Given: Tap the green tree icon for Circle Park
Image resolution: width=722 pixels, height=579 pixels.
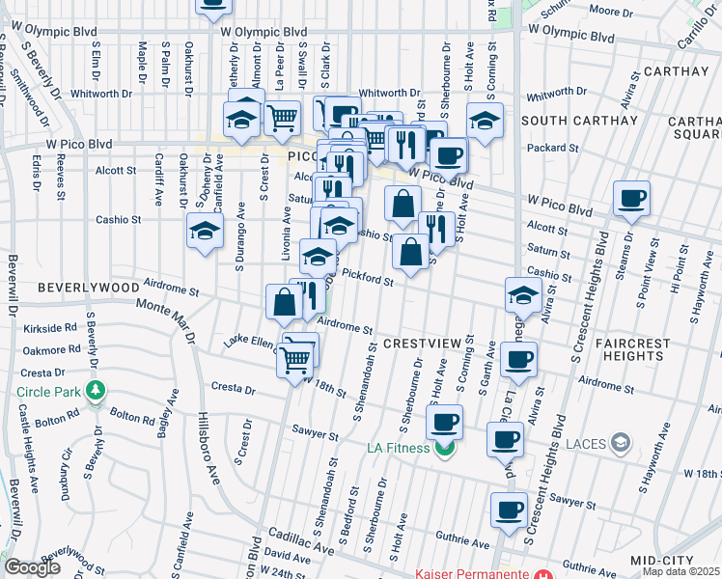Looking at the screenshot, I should pyautogui.click(x=95, y=391).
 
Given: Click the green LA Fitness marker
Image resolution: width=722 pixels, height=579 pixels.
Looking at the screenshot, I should pyautogui.click(x=444, y=449).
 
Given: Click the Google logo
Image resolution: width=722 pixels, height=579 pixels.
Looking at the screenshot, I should pyautogui.click(x=32, y=567).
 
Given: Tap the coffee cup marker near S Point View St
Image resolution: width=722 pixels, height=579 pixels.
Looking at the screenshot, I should pyautogui.click(x=632, y=199).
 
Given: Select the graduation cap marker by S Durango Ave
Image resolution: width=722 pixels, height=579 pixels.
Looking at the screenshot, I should pyautogui.click(x=205, y=231).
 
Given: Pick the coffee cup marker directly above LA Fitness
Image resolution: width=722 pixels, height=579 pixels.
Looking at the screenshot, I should pyautogui.click(x=444, y=421).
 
